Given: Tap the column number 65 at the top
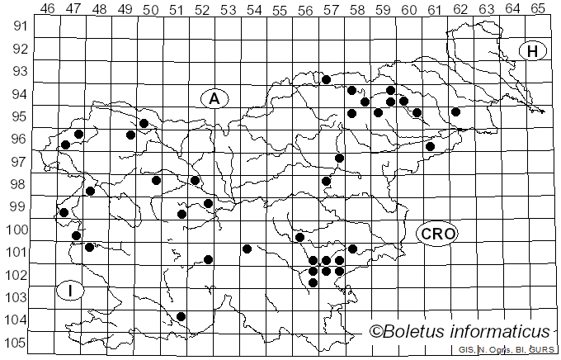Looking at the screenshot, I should [538, 9].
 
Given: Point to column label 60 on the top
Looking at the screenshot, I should [408, 9].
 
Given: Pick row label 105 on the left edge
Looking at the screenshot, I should [17, 343].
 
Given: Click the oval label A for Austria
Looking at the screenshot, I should [214, 99].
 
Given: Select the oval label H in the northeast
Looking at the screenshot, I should [533, 51].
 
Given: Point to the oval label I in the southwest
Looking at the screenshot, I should [71, 291].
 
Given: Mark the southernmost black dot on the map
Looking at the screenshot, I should [181, 316].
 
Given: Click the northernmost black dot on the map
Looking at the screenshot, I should [326, 80].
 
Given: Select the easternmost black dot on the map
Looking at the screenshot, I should [455, 111].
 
